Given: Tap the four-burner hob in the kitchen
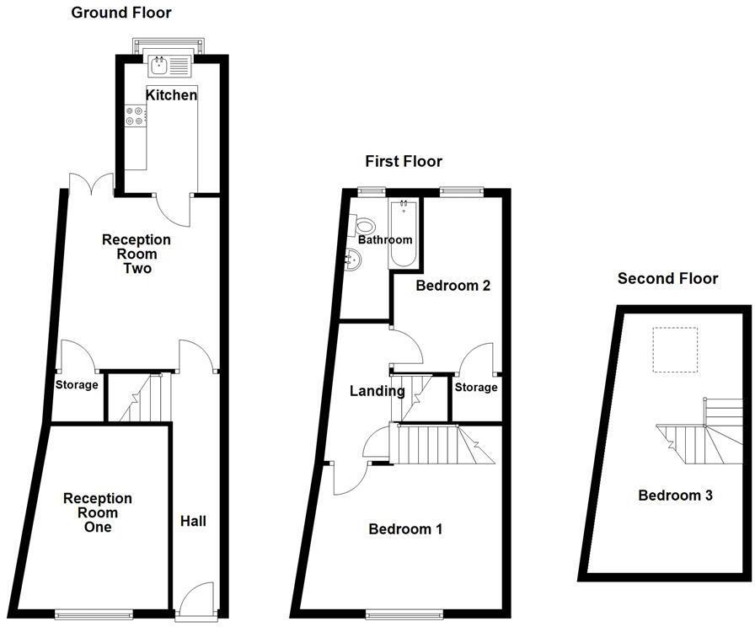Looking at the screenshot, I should click(x=135, y=115).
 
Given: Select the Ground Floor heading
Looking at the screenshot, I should click(x=120, y=13).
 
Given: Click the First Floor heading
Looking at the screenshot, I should click(x=403, y=161).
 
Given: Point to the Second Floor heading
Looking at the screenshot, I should click(x=667, y=278).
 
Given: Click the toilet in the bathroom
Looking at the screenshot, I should click(x=365, y=226).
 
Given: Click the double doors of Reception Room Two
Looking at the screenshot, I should click(x=91, y=182).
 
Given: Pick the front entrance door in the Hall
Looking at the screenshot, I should click(x=199, y=599).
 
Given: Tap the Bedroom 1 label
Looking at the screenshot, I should click(x=406, y=529).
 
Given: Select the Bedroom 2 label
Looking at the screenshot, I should click(x=453, y=286).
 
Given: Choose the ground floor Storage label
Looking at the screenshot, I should click(x=77, y=385).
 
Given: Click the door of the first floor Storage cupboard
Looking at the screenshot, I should click(x=477, y=359).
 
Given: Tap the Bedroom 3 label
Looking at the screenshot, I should click(x=675, y=496).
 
